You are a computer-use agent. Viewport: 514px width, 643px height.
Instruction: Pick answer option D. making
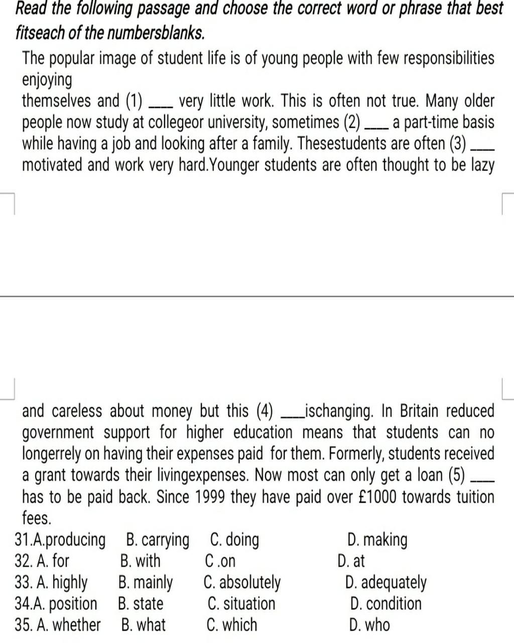[377, 540]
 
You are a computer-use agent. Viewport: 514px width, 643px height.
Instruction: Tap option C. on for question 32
[220, 561]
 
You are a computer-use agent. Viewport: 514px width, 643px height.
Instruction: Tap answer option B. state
[141, 604]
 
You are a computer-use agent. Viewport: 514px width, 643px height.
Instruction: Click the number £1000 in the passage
[379, 497]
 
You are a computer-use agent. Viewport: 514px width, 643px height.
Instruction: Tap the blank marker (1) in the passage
[134, 101]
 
